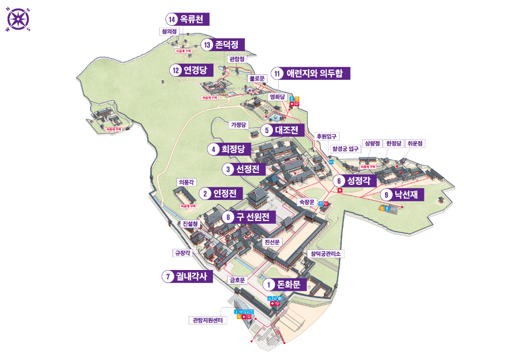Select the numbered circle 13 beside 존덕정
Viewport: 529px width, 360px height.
click(x=206, y=44)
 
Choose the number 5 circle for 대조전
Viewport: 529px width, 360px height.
click(x=266, y=130)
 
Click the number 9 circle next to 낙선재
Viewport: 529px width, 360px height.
click(x=386, y=194)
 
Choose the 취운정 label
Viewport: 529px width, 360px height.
click(x=416, y=143)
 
